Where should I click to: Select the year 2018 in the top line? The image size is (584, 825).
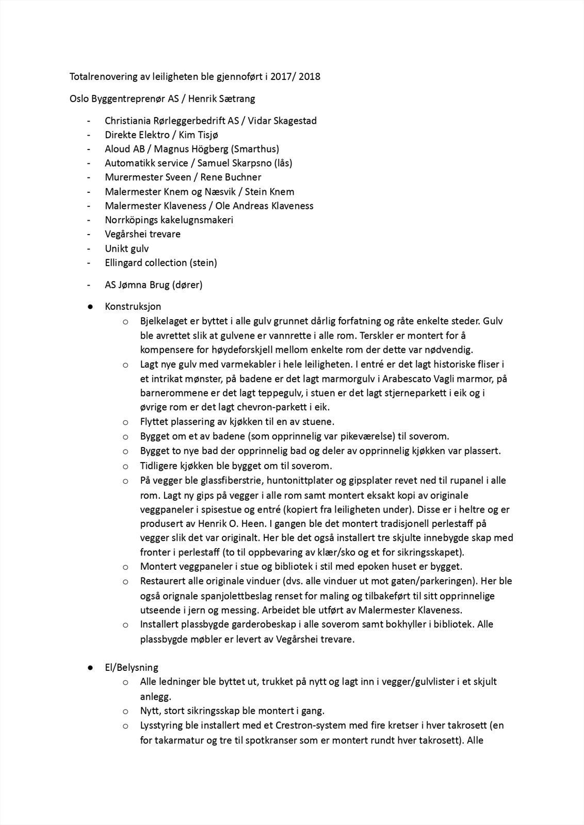(309, 77)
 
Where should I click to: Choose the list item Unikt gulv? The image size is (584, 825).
(126, 248)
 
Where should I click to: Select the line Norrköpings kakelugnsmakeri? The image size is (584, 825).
(169, 220)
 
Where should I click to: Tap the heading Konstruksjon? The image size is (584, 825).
(133, 306)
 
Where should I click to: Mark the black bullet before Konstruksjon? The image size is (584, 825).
(90, 306)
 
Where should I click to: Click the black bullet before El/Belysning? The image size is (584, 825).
(90, 667)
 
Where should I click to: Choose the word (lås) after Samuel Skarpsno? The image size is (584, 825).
(283, 163)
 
